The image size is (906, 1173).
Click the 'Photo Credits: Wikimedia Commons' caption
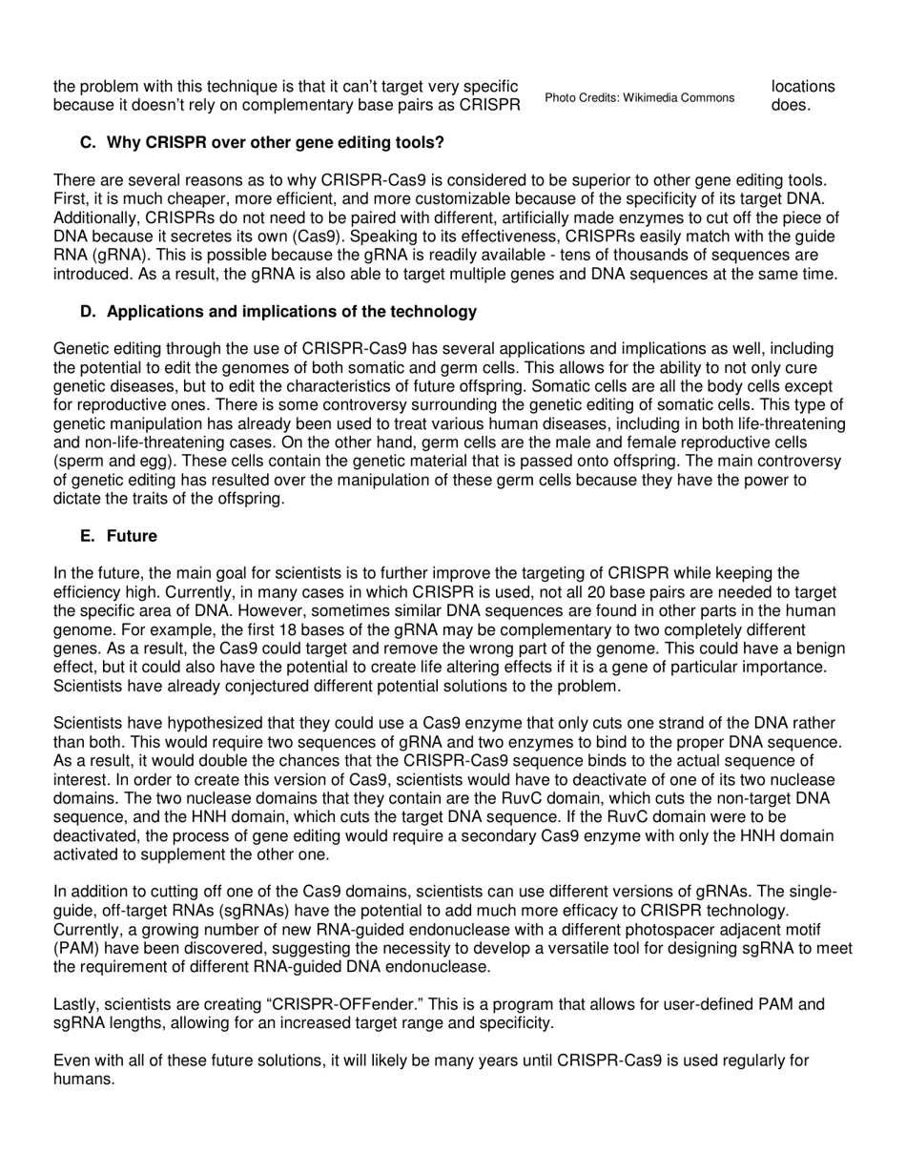click(639, 97)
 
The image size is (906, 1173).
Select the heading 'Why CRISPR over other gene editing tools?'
click(275, 143)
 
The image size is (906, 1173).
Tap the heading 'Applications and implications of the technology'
click(291, 312)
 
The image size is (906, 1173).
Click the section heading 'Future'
click(132, 536)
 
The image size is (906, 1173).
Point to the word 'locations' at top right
click(802, 86)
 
